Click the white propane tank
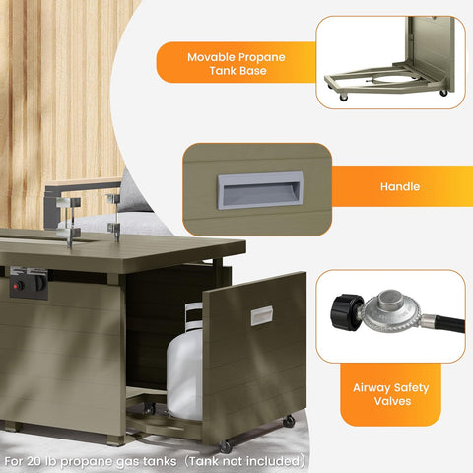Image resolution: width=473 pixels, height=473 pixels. coord(184,365)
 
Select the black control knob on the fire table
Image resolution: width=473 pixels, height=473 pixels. coord(39,283)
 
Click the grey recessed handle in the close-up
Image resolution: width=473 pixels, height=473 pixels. coord(260,190)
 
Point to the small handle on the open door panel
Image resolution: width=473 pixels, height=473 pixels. coord(262,315)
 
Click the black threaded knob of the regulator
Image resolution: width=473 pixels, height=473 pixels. coord(347,312)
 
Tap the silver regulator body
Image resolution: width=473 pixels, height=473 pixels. coord(391,311)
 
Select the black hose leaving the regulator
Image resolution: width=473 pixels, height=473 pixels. coord(449,323)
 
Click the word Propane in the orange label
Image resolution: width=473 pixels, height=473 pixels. coord(261,58)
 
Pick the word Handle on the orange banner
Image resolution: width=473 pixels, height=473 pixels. coord(400,186)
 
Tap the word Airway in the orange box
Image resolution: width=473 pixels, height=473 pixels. coord(372,388)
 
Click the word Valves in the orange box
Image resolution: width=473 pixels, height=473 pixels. coord(392,401)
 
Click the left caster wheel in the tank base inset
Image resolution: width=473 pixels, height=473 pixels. coord(344,98)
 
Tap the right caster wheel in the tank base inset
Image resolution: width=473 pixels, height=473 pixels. coord(443,93)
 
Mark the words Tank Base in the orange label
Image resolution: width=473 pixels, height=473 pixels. coord(237,71)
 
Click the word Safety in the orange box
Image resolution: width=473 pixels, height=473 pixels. coord(411,388)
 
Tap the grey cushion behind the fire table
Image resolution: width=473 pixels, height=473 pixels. coord(135,194)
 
